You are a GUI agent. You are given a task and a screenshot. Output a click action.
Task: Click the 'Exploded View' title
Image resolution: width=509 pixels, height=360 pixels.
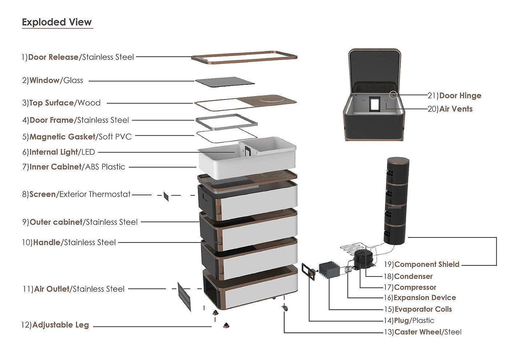57,22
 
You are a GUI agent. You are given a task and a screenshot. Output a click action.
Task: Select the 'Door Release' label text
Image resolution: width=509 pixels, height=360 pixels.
53,57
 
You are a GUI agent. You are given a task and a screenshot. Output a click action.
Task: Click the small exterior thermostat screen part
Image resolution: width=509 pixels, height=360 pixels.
166,196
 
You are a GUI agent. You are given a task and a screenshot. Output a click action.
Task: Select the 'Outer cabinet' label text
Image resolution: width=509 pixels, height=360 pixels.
56,222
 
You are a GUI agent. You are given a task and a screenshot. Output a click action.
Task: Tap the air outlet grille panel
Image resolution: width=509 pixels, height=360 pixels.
184,296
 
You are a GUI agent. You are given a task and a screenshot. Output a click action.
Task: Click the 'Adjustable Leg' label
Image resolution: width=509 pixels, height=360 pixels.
60,325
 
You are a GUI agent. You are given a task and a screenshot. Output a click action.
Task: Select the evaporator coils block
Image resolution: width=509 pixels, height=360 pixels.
329,270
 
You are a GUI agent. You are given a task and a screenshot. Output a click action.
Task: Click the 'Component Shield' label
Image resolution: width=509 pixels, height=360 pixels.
426,264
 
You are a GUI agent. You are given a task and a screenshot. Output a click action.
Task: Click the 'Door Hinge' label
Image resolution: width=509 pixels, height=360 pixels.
460,96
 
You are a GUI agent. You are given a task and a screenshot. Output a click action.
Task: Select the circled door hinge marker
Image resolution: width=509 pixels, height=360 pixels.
393,95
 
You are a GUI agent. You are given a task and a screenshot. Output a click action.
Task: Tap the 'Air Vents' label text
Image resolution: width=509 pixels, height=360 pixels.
456,109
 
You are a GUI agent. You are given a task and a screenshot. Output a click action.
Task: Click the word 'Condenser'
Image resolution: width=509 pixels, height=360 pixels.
413,276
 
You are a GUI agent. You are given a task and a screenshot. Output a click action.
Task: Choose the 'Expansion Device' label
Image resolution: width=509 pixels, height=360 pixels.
425,297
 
